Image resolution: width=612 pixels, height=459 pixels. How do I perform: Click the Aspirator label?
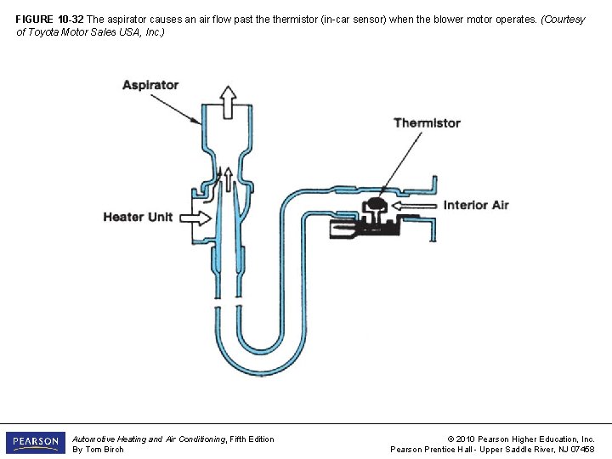(x=150, y=85)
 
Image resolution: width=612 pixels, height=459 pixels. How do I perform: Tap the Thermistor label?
(x=427, y=123)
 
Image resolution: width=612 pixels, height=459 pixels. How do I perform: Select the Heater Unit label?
(x=138, y=217)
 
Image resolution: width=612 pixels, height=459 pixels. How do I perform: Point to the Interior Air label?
(x=476, y=205)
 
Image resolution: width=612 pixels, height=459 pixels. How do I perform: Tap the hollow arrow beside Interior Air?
(x=416, y=205)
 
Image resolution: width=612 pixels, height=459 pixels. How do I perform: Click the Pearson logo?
(x=35, y=443)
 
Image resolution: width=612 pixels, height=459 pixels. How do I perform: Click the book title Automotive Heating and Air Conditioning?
(x=150, y=439)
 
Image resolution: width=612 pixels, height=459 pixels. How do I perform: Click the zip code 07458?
(x=581, y=450)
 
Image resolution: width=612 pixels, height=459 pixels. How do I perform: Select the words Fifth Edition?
(x=254, y=439)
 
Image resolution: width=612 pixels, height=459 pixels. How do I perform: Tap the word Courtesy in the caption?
(x=564, y=20)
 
